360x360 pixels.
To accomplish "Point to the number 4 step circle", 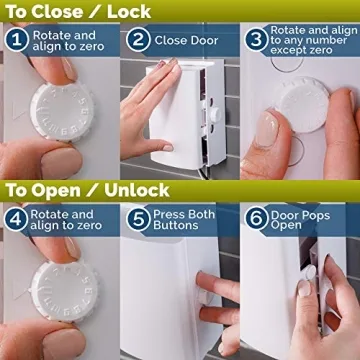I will [x=16, y=219].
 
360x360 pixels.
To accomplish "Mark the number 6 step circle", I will [x=257, y=219].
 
